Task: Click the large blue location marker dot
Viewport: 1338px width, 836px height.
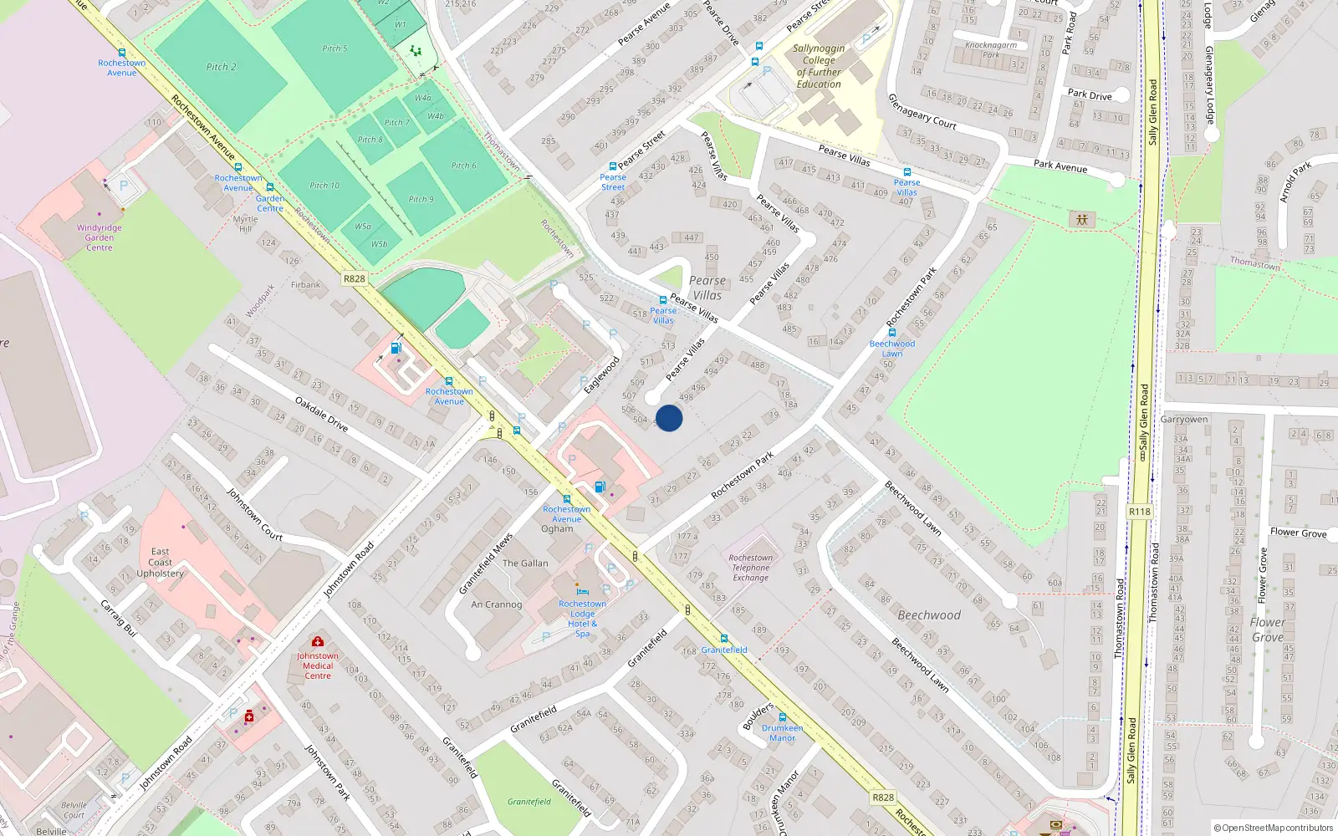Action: click(669, 418)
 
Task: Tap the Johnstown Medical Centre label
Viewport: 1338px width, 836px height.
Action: click(318, 665)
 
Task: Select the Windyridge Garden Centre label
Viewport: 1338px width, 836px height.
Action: click(99, 237)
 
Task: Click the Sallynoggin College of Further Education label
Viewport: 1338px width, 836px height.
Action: click(819, 66)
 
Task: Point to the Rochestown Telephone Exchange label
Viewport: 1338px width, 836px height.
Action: click(750, 568)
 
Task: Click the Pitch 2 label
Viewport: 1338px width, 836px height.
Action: click(221, 67)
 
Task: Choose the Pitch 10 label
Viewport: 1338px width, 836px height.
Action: click(324, 186)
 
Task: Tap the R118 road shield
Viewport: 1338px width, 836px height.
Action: click(1139, 512)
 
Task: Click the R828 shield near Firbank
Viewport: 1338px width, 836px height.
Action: click(355, 278)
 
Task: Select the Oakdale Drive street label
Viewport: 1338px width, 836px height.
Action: click(321, 414)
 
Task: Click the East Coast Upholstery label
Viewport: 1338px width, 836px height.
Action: click(160, 563)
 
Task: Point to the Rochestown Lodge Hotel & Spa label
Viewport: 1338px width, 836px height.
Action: click(582, 619)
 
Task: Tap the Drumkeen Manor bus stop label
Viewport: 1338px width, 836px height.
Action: click(782, 733)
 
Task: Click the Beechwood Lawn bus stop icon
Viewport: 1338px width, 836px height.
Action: click(892, 332)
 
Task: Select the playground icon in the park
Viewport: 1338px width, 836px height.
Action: click(1082, 220)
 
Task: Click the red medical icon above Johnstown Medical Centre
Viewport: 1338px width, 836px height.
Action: click(318, 641)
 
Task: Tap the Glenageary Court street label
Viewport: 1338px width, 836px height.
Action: click(922, 111)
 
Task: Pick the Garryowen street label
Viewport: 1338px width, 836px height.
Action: click(1183, 419)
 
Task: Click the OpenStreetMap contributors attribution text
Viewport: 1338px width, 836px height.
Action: click(1273, 828)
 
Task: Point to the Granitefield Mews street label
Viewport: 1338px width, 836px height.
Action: click(485, 564)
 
